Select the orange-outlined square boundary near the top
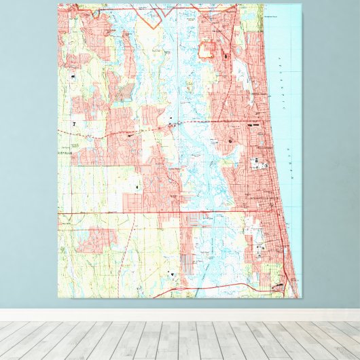tap(206, 49)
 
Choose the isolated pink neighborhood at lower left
tap(95, 239)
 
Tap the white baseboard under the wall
tap(180, 315)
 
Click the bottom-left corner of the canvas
tap(58, 298)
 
